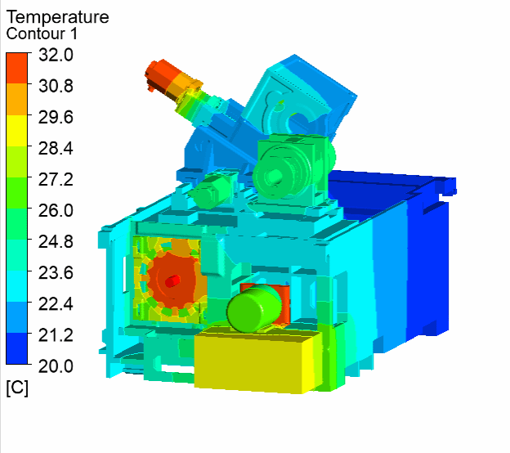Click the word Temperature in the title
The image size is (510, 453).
pyautogui.click(x=57, y=17)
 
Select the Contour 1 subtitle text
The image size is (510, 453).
pyautogui.click(x=42, y=34)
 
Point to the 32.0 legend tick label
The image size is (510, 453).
pyautogui.click(x=56, y=55)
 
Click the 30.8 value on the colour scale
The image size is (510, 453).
pyautogui.click(x=56, y=86)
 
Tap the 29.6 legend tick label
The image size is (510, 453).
pyautogui.click(x=56, y=117)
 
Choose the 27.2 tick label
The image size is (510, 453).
pyautogui.click(x=56, y=180)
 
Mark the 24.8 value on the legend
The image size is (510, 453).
pyautogui.click(x=56, y=242)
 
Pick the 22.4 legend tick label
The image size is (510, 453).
pyautogui.click(x=56, y=304)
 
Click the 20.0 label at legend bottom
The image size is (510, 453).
pyautogui.click(x=56, y=366)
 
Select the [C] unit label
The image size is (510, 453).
pyautogui.click(x=17, y=388)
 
